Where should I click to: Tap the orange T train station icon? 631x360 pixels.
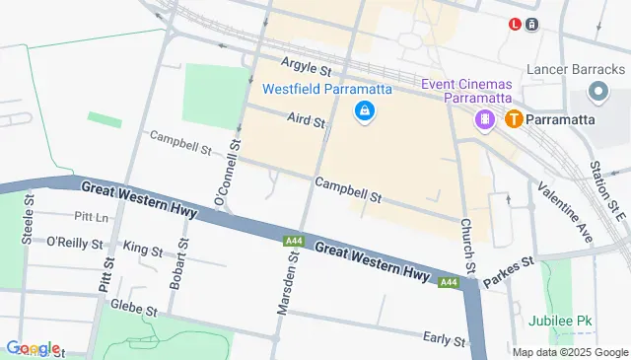[514, 119]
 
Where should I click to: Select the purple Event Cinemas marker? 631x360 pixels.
[485, 119]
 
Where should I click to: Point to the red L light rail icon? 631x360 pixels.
[515, 25]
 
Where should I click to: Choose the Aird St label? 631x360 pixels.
[306, 119]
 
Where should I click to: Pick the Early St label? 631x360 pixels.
[444, 339]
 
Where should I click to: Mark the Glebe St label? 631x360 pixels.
[134, 309]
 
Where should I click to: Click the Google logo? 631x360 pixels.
[33, 348]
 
